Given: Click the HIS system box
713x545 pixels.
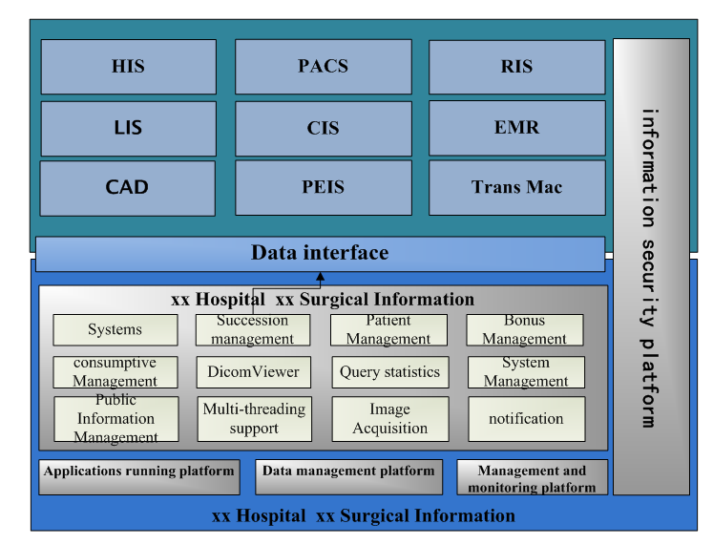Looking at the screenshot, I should [x=128, y=67].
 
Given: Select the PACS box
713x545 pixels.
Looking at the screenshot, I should [x=324, y=67].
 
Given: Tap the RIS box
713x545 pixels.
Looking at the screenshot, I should [x=516, y=67].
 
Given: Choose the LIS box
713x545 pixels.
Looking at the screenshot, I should [x=128, y=128].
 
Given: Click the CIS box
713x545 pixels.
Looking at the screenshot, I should [x=324, y=128].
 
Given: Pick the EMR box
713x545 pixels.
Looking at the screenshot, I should [x=516, y=127].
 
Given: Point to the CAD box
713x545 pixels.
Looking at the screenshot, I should [x=128, y=187].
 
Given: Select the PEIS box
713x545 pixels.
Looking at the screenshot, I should [x=324, y=187].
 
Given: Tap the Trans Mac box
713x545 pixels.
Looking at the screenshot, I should [x=516, y=187].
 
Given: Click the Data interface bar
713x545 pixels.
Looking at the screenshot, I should [x=320, y=254].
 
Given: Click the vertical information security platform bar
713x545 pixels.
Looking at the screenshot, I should [x=650, y=267].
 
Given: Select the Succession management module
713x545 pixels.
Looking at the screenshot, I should [x=253, y=330].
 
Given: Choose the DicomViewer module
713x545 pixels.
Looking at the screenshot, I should [x=253, y=372].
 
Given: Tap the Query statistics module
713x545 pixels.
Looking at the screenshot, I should [x=389, y=372].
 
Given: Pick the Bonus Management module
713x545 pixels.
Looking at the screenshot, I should [x=524, y=330].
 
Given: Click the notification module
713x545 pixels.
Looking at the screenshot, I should [x=526, y=419].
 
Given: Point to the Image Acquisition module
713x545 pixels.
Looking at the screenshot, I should [x=389, y=419].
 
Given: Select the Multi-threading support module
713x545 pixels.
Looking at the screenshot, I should [x=254, y=419].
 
